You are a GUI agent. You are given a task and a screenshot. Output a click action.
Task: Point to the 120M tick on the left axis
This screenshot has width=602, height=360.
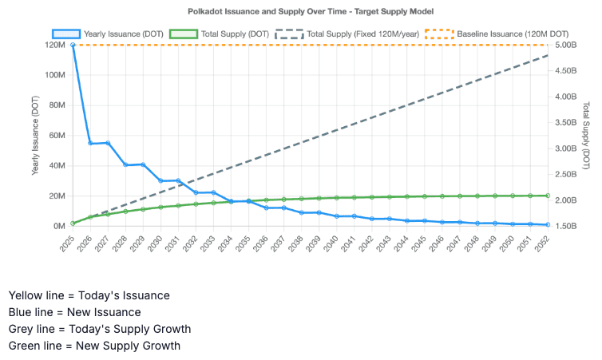pyautogui.click(x=54, y=45)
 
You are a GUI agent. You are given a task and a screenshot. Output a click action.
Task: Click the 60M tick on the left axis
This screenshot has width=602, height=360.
pyautogui.click(x=56, y=136)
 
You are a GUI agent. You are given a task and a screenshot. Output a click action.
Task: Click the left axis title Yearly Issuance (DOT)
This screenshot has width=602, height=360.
pyautogui.click(x=35, y=136)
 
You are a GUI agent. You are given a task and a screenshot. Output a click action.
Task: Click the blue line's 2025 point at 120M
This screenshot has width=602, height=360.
pyautogui.click(x=73, y=45)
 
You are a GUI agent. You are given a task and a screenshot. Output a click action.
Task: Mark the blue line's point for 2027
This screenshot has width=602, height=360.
pyautogui.click(x=108, y=143)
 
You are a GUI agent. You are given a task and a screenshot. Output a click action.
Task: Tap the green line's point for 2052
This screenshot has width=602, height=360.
pyautogui.click(x=548, y=196)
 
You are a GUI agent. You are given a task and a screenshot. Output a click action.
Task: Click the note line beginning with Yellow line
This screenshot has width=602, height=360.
pyautogui.click(x=89, y=295)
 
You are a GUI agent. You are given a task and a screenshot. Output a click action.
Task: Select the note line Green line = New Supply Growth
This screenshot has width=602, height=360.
pyautogui.click(x=94, y=346)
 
